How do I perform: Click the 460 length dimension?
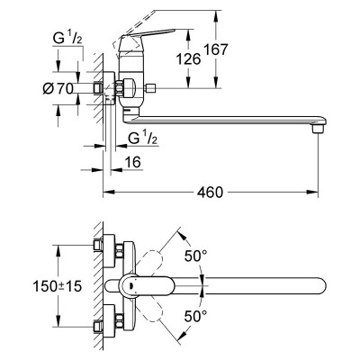coord(210,192)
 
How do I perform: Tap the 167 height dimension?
coord(216,49)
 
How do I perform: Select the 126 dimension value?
coord(188,58)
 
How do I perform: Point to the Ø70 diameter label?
coord(58,88)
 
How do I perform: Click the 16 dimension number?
coord(132,162)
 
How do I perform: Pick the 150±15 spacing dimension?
coord(57,286)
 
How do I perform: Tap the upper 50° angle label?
coord(195,256)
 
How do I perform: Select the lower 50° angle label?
coord(195,316)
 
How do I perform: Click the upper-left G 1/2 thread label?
coord(67,40)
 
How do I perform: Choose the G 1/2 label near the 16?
coord(143,139)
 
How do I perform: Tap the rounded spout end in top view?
coord(321,286)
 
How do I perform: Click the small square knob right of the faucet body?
coord(150,88)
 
